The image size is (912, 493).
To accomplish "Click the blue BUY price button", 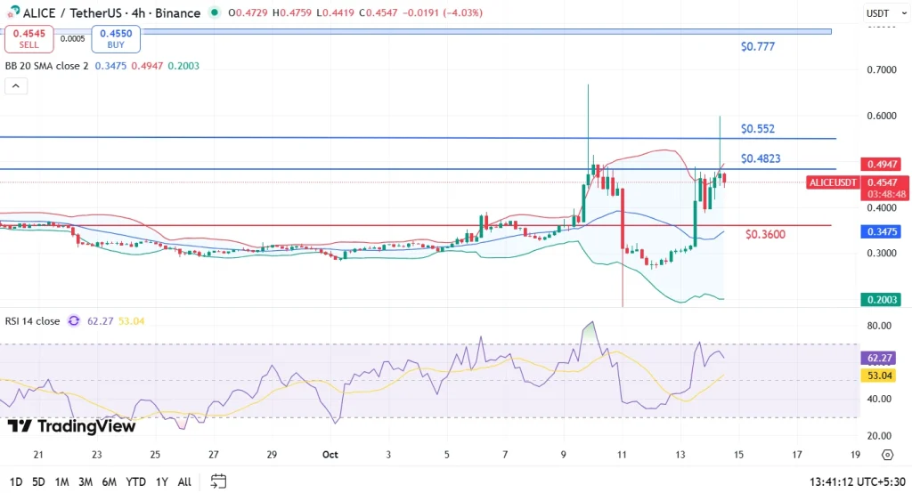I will click(117, 38).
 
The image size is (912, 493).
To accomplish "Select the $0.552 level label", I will click(758, 128).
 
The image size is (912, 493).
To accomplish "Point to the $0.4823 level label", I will click(761, 158).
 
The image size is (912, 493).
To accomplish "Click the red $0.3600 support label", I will click(765, 234).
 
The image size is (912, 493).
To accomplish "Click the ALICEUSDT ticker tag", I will click(833, 182).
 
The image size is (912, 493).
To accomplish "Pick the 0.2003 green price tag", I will click(882, 300).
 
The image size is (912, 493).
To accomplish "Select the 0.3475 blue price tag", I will click(882, 231).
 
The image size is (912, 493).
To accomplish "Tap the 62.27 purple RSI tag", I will click(882, 359).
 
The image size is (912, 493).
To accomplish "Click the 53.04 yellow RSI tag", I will click(882, 376).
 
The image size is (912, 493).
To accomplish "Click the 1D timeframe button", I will click(14, 481).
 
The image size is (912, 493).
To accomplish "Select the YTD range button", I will click(135, 481).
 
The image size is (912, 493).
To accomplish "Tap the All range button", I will click(184, 481).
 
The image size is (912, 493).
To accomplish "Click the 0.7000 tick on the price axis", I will click(882, 69).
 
